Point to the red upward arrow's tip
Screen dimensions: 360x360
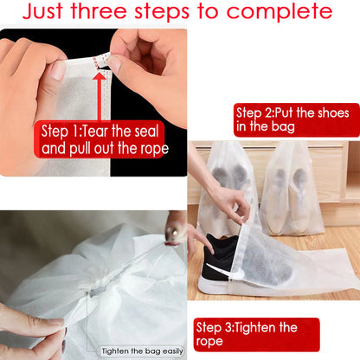tap(100, 75)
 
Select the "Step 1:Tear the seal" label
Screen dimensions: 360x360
tap(102, 131)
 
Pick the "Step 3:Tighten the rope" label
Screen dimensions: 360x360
tap(256, 335)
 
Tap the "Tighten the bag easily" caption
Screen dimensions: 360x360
tap(141, 350)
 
